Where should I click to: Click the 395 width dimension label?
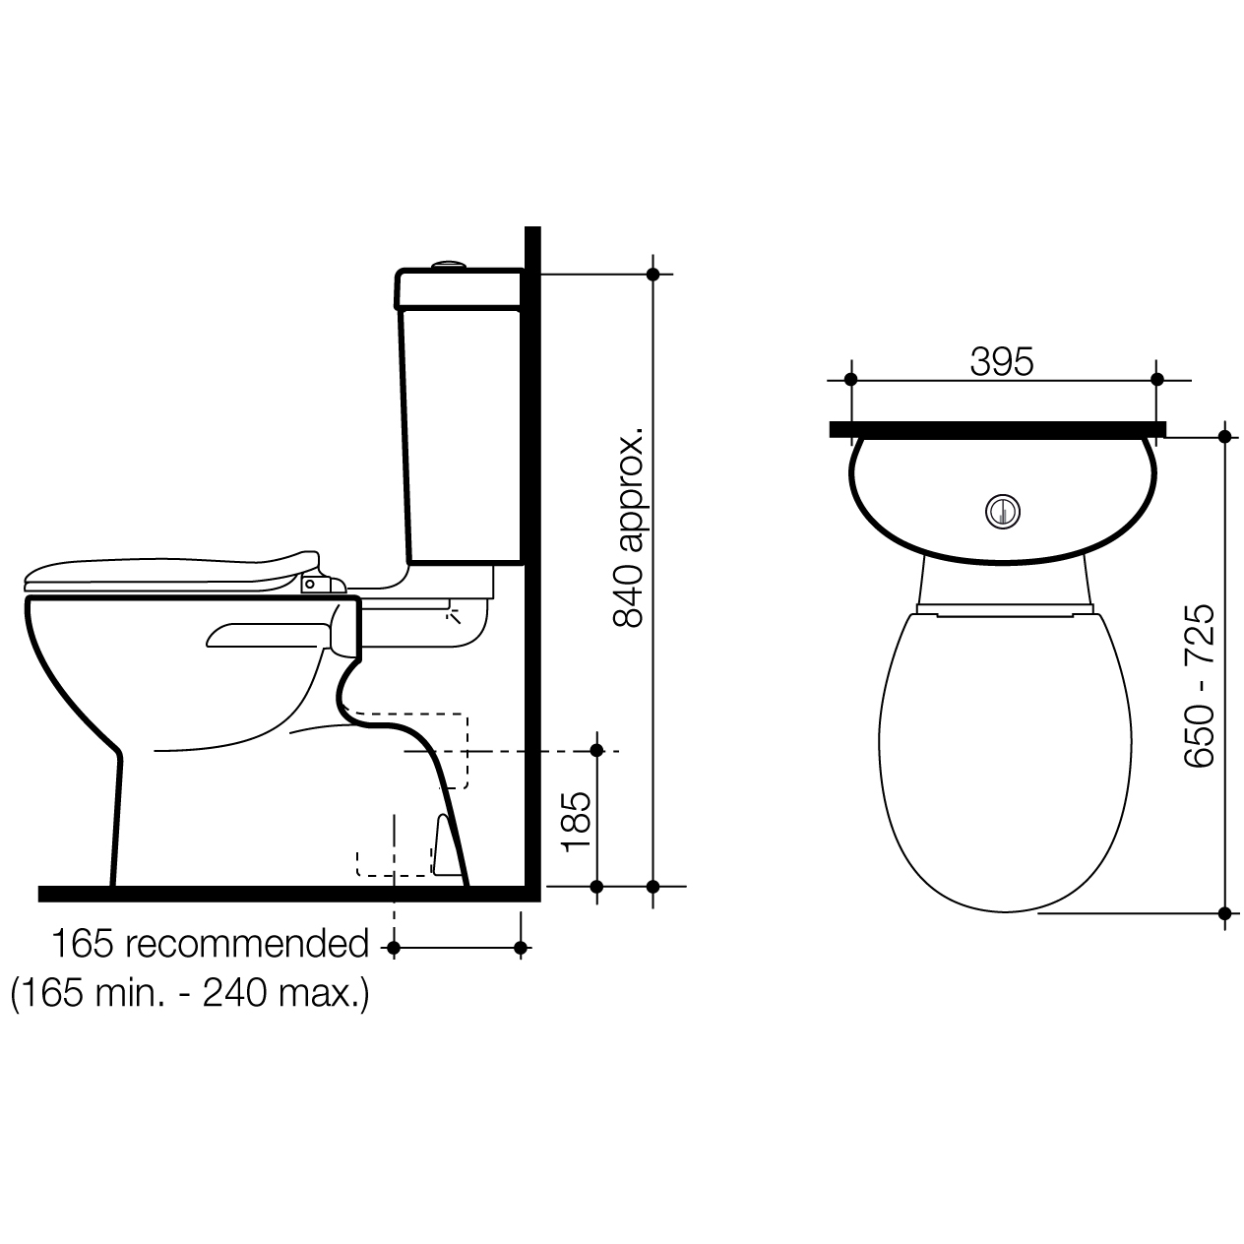1001,361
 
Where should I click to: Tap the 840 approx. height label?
628,526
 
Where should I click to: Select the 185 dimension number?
576,822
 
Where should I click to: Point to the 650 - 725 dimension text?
1199,686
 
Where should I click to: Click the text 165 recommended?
210,944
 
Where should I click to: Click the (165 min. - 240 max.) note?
191,993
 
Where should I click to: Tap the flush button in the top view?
1003,512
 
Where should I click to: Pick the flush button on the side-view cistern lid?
450,264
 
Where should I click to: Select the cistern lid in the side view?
459,288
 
